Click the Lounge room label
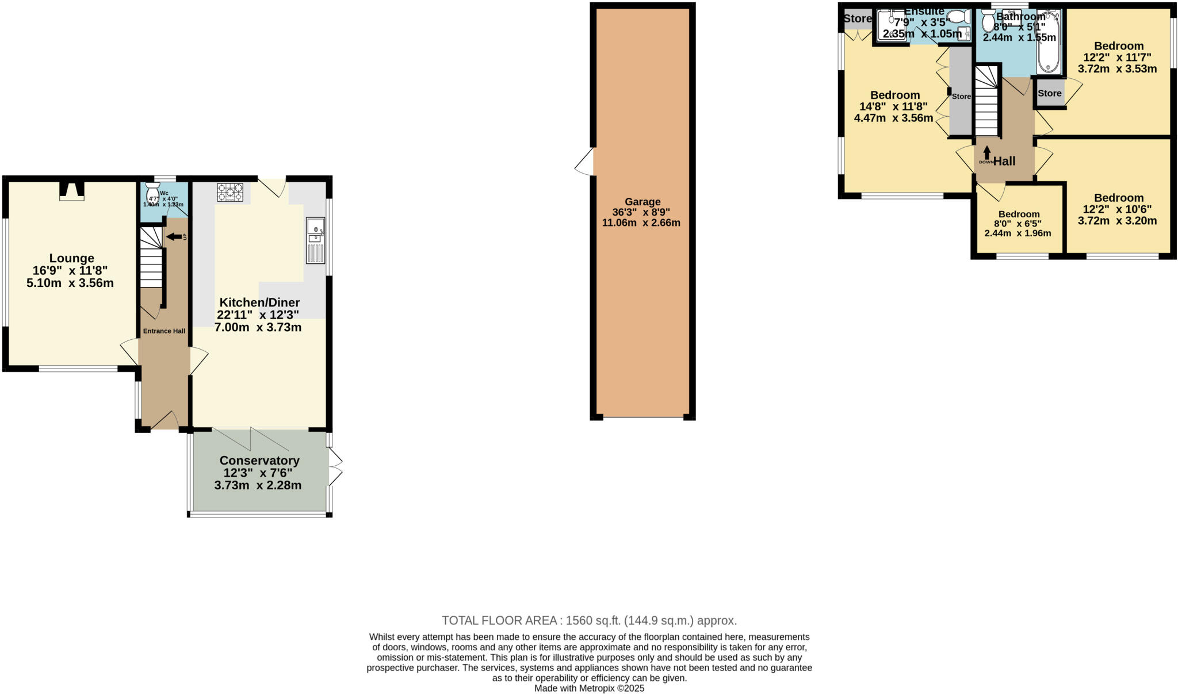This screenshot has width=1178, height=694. coord(71,258)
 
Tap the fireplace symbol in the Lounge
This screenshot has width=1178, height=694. coord(72,191)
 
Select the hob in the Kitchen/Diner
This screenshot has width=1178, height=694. coord(230,192)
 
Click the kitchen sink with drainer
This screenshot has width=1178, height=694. coord(315,240)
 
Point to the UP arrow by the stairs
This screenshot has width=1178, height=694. coord(174,236)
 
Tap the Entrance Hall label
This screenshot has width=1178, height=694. coord(164,331)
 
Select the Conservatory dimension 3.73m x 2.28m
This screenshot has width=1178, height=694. coord(258,485)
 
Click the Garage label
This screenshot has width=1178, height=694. coord(642,202)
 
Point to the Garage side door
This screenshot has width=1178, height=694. coord(586,162)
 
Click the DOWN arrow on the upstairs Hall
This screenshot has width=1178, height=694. coord(987,154)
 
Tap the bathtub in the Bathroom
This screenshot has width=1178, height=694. coord(1049,43)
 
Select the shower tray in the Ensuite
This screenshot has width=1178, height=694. coord(889,26)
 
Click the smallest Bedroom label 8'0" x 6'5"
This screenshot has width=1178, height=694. coord(1019,214)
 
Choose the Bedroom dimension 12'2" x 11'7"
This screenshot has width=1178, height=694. coord(1117,57)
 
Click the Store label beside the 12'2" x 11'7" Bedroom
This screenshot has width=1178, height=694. coord(1049,93)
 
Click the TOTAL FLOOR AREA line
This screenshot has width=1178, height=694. coord(588,620)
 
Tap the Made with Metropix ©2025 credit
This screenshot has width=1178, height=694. coord(589,688)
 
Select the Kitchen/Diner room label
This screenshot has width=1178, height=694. coord(259,302)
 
